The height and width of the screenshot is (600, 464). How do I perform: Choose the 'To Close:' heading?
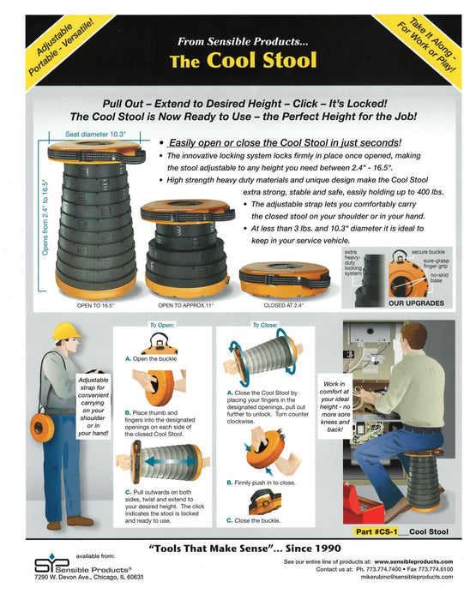click(x=266, y=326)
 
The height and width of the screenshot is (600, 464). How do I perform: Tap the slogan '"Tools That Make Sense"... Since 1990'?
click(x=232, y=549)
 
